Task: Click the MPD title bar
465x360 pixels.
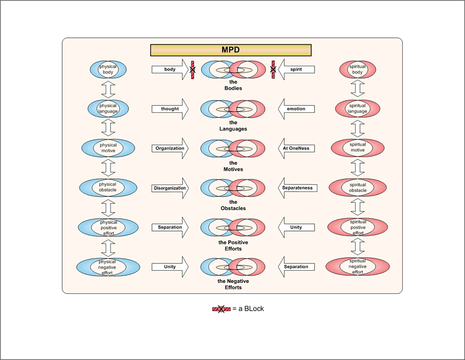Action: pyautogui.click(x=230, y=50)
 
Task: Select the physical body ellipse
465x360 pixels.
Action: pyautogui.click(x=108, y=69)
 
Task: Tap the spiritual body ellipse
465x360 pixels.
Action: pyautogui.click(x=357, y=69)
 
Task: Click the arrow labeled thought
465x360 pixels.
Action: pyautogui.click(x=170, y=109)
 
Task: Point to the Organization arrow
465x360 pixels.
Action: pyautogui.click(x=170, y=148)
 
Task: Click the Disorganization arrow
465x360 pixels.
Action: pyautogui.click(x=170, y=188)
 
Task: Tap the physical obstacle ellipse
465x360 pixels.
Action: pyautogui.click(x=108, y=188)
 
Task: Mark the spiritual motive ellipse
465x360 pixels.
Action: pyautogui.click(x=357, y=148)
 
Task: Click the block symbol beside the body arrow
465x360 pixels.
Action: pyautogui.click(x=193, y=69)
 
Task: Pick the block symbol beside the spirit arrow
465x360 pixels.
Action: pyautogui.click(x=272, y=69)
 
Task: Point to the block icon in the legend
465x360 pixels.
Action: pyautogui.click(x=221, y=309)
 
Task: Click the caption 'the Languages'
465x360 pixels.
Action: pyautogui.click(x=234, y=126)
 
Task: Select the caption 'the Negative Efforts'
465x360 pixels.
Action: pyautogui.click(x=234, y=284)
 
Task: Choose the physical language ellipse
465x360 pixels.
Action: pyautogui.click(x=108, y=108)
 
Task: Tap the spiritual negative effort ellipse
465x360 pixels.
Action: pyautogui.click(x=357, y=266)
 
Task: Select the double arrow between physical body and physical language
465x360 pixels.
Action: pyautogui.click(x=108, y=89)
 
